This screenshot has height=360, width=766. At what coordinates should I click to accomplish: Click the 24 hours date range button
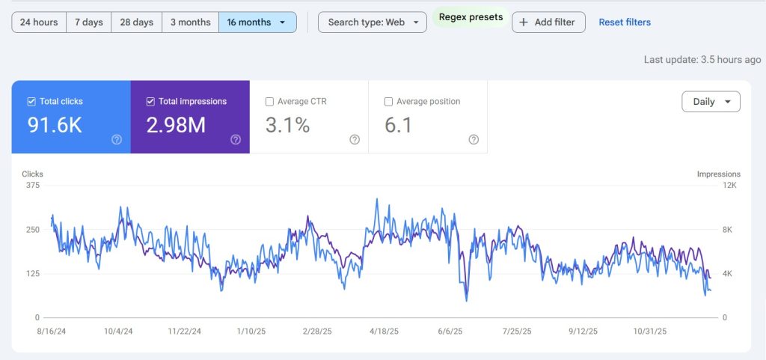click(x=39, y=22)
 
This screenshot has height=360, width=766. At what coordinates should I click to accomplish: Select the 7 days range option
click(x=89, y=22)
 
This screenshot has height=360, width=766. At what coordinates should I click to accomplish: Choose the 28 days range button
click(x=137, y=22)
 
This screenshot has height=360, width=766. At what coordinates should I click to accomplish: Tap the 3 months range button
click(x=190, y=22)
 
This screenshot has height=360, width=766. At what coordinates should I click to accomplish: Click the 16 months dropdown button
click(x=257, y=22)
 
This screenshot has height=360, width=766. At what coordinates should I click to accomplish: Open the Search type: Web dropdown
click(x=372, y=22)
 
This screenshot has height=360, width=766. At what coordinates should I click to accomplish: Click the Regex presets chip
click(x=471, y=17)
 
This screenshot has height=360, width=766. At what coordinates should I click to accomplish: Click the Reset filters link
click(x=625, y=22)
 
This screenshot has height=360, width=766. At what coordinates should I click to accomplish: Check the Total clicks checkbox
click(x=31, y=102)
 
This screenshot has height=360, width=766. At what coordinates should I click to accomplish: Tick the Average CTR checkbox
click(x=270, y=102)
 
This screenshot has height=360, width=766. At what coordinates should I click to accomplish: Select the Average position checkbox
click(x=388, y=102)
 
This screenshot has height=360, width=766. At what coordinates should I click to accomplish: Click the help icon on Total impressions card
click(x=236, y=139)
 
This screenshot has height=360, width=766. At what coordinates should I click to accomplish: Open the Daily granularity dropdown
click(x=711, y=102)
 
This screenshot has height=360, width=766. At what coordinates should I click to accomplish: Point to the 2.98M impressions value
click(x=176, y=126)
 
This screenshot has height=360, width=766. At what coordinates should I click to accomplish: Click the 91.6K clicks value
click(x=55, y=126)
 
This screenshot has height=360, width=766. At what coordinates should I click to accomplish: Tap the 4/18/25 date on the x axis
click(x=384, y=331)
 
